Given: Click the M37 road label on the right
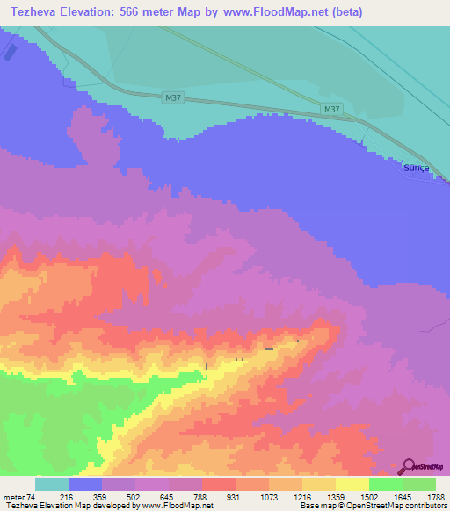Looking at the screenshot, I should [331, 110].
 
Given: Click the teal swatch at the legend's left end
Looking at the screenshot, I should [51, 484].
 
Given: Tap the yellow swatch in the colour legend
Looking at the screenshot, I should [352, 484].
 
